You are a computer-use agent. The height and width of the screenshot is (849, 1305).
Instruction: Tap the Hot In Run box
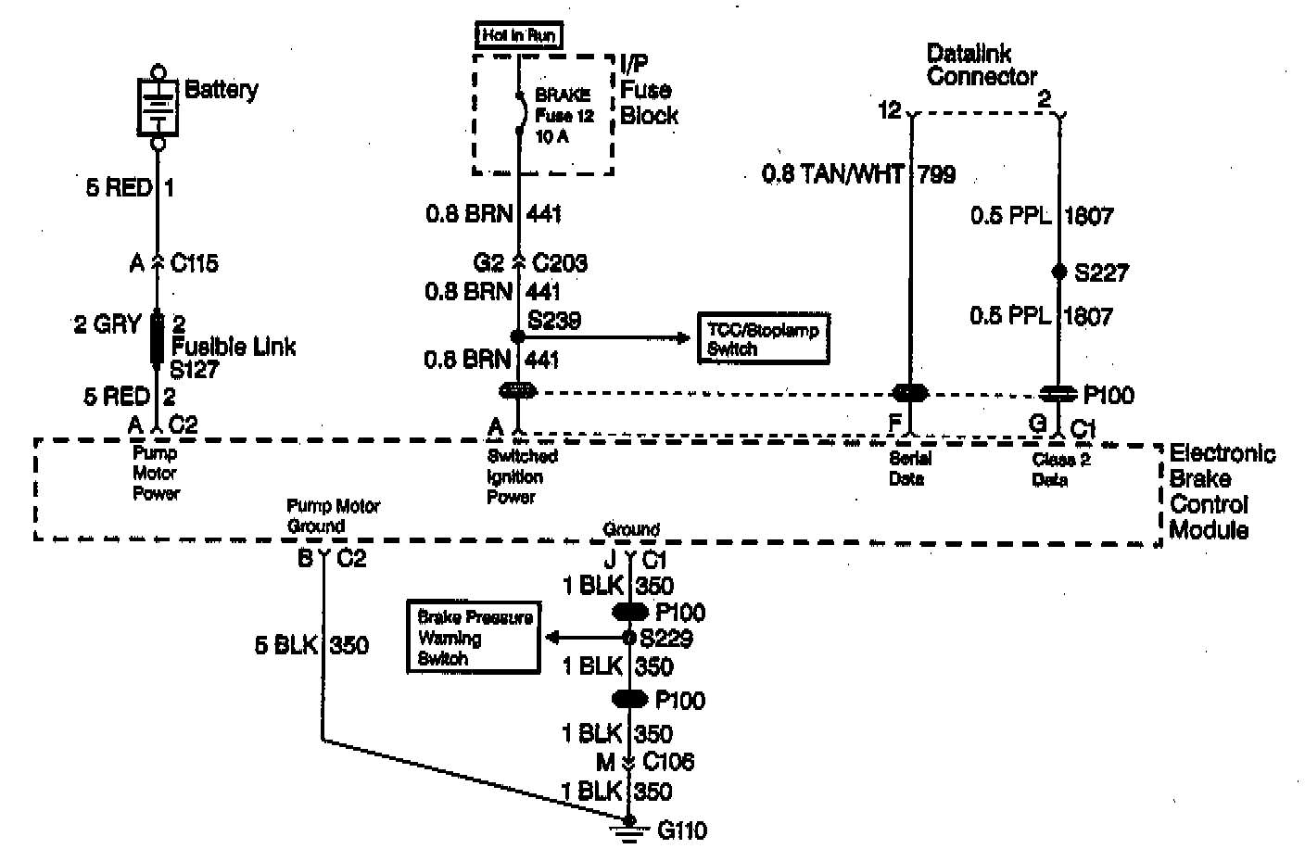pos(520,36)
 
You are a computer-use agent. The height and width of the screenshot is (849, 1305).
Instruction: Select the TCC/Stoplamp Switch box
pos(763,339)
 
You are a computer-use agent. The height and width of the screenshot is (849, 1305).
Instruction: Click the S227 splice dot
pos(1058,272)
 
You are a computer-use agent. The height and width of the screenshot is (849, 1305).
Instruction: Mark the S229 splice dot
pos(630,638)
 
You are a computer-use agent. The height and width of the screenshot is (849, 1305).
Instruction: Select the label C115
pos(195,264)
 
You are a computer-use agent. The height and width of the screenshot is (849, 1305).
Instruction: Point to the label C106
pos(667,762)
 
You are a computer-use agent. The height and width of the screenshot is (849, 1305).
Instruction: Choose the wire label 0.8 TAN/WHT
pos(831,173)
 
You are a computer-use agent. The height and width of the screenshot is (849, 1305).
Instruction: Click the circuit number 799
pos(936,173)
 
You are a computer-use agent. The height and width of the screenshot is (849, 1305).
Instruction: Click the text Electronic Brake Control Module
pos(1220,491)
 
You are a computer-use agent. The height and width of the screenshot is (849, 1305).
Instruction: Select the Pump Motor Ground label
pos(333,516)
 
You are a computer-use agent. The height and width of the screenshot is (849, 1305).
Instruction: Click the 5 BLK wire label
pos(286,645)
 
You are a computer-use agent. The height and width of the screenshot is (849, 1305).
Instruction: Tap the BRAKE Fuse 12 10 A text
pos(564,115)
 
